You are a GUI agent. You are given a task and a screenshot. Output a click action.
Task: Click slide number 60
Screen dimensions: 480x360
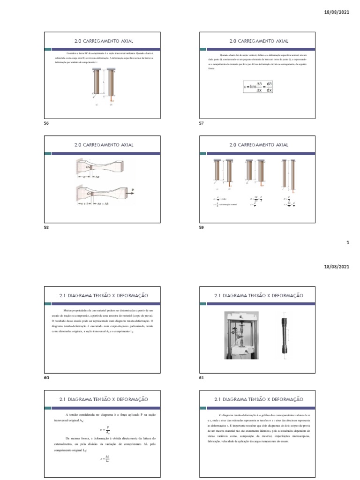coord(47,377)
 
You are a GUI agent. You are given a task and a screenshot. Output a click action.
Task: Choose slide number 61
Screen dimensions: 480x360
coord(202,377)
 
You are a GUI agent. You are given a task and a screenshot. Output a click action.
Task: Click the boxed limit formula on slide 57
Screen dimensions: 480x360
coord(258,86)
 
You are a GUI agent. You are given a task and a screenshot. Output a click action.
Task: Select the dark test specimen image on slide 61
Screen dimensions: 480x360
coord(284,335)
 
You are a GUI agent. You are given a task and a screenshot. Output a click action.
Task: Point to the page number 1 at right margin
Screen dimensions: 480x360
coord(347,243)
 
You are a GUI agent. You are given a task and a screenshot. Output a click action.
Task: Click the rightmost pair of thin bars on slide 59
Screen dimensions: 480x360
coord(289,174)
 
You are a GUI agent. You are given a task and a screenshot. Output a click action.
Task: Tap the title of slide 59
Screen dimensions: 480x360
coord(259,145)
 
